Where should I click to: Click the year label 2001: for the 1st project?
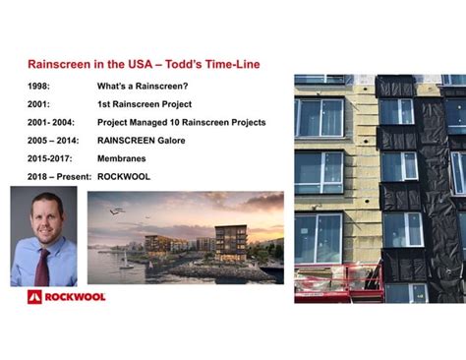(39, 104)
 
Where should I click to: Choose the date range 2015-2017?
(52, 158)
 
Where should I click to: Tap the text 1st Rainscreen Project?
(145, 104)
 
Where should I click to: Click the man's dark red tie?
(42, 267)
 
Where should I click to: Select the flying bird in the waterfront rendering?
(116, 210)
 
